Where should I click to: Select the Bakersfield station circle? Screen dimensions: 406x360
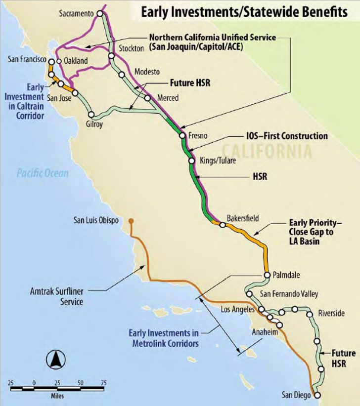click(223, 225)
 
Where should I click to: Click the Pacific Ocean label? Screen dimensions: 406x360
click(42, 173)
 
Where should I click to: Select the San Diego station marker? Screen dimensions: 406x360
click(317, 395)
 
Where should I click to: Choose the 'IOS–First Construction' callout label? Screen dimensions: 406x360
click(287, 136)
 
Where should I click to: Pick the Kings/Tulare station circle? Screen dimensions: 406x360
click(191, 161)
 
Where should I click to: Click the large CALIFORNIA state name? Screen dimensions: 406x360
click(267, 151)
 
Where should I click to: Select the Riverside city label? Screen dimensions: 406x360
click(332, 313)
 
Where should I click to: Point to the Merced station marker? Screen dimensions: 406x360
click(147, 98)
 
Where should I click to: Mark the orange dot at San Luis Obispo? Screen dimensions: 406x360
click(131, 221)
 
